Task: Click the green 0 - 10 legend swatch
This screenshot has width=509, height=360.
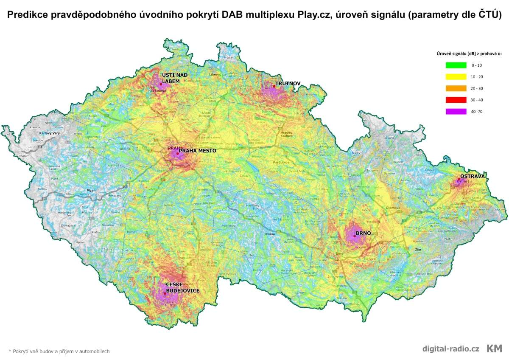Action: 456,65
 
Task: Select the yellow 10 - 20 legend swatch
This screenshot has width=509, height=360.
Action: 456,77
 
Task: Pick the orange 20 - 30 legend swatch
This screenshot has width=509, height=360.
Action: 456,88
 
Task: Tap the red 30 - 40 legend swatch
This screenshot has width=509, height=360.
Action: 456,100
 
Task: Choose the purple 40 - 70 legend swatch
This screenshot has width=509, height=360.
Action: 456,111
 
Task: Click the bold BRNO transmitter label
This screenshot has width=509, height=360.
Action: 363,233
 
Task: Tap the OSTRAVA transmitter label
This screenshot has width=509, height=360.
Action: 472,176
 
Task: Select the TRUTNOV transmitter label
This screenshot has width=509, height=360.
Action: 288,84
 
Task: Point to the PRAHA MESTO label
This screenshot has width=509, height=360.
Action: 197,151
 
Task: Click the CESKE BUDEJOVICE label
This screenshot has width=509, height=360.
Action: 182,287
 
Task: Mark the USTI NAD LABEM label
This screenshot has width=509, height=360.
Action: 174,78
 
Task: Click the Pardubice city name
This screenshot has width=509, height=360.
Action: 280,162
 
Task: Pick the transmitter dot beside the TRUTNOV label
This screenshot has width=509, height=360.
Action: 274,86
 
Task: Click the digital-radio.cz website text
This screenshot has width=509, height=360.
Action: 450,349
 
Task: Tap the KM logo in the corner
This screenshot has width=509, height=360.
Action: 494,349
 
